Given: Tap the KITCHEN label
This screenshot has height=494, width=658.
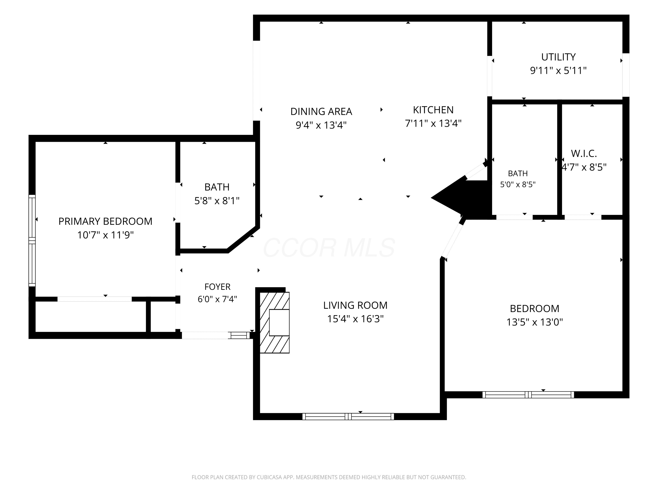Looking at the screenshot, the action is tap(433, 110).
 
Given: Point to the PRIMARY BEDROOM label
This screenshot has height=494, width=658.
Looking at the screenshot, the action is tap(105, 221).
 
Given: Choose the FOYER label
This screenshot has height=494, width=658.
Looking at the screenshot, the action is tap(217, 287).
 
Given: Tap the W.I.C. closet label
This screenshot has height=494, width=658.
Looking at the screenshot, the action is tap(584, 154).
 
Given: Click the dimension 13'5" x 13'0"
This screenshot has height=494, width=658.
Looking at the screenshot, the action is tap(535, 322).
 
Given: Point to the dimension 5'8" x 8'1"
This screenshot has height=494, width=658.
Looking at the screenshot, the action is tap(217, 201).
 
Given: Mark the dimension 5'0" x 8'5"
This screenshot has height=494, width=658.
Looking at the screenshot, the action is tap(518, 185).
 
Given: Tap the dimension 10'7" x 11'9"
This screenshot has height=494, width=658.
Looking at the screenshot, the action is tap(105, 235).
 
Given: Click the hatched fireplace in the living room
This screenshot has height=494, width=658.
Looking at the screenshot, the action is tap(275, 323).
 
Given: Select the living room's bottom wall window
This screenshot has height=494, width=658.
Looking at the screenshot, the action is tap(348, 416).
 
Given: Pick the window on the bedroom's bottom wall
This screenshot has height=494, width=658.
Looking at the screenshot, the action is tap(528, 395).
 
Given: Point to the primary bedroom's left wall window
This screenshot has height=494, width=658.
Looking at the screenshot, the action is tap(32, 241).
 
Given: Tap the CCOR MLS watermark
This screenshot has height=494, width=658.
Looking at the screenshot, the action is tap(329, 248).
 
